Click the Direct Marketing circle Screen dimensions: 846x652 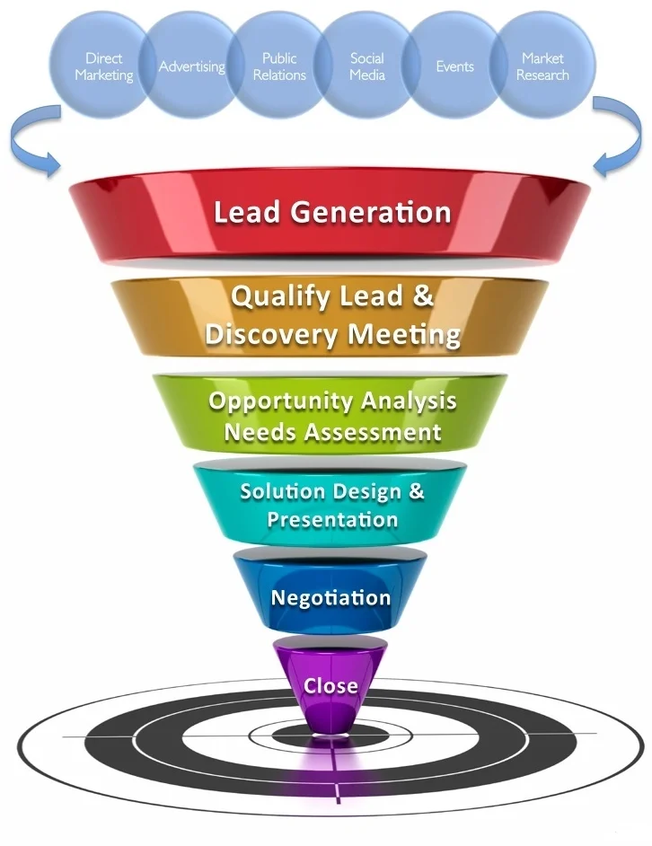[x=103, y=66]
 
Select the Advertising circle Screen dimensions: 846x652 [x=191, y=66]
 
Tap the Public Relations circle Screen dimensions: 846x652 [x=279, y=66]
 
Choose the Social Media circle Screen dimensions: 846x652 [x=366, y=66]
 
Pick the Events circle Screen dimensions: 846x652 [x=454, y=66]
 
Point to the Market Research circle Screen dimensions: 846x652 [x=542, y=66]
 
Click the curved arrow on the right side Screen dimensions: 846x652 [x=617, y=135]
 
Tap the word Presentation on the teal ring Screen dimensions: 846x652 [x=332, y=519]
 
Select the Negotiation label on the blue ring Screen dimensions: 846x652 [x=330, y=597]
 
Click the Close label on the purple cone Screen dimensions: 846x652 [x=330, y=686]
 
